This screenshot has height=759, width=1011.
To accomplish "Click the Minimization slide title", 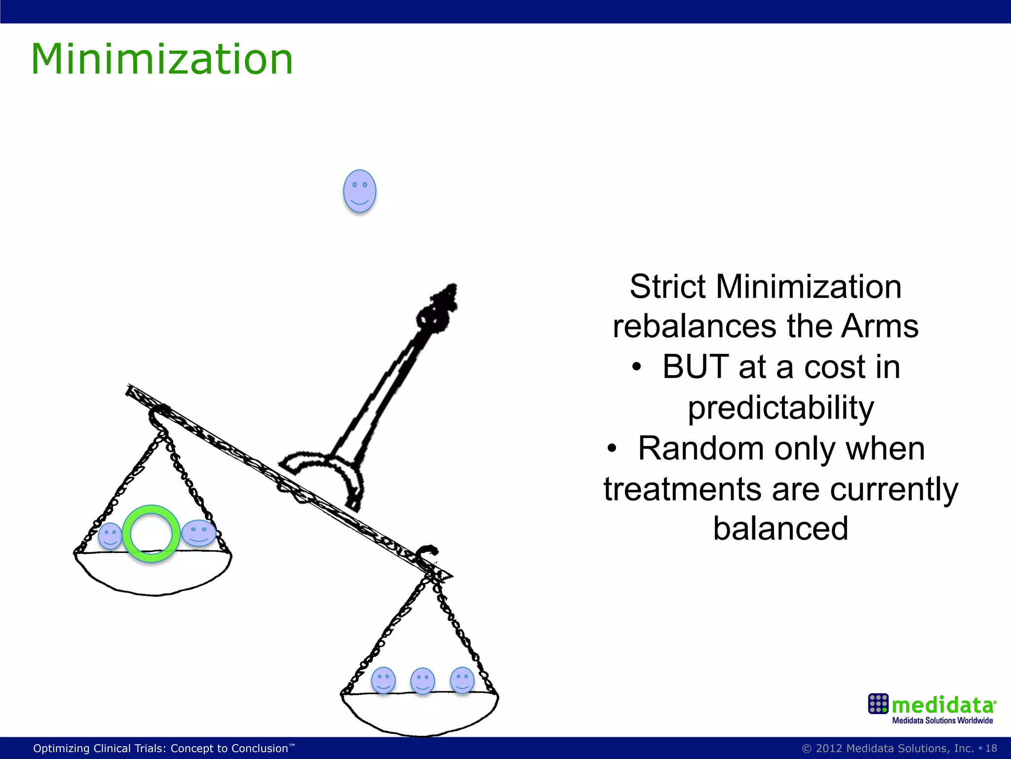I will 162,59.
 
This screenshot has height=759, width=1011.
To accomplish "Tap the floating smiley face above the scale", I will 359,191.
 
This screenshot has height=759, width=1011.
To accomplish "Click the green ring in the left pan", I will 151,534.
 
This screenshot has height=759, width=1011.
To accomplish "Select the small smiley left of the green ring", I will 110,536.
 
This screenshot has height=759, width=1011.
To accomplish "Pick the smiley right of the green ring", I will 198,533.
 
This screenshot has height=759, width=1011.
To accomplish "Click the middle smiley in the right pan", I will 423,681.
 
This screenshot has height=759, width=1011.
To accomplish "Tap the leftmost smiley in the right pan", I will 383,680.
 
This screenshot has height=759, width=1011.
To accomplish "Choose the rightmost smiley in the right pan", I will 462,680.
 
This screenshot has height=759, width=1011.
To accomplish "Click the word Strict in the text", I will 668,287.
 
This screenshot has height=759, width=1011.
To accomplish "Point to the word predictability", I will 781,408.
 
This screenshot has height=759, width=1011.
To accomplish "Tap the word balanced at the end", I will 780,529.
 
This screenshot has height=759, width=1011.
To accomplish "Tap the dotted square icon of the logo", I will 878,704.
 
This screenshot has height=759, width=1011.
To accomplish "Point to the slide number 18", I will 991,748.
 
